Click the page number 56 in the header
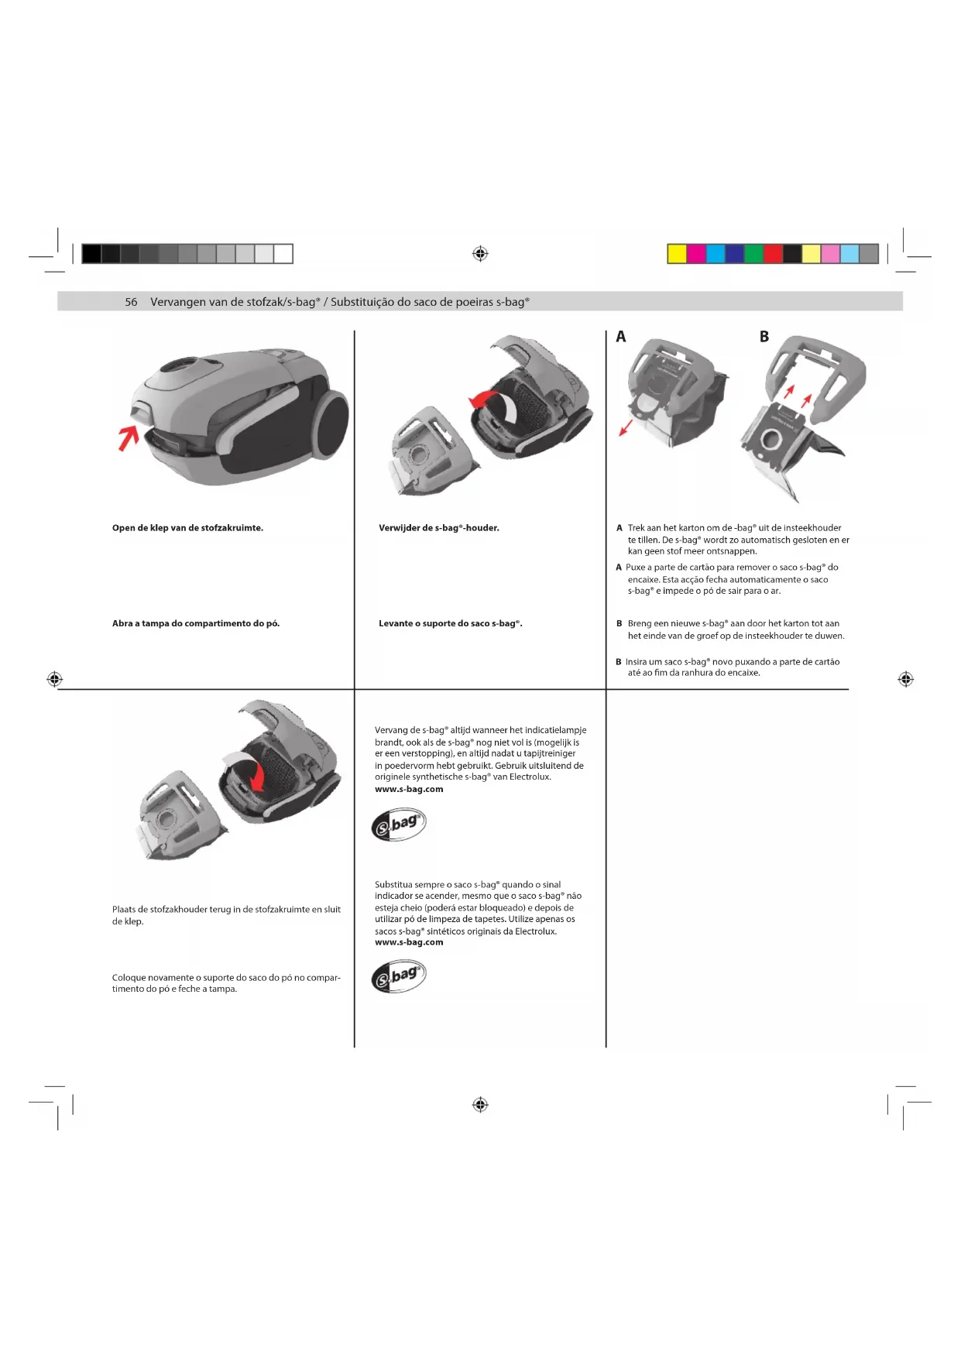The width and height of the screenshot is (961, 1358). click(131, 302)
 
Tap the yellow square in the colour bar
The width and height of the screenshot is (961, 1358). click(677, 254)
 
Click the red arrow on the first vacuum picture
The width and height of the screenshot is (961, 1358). click(128, 437)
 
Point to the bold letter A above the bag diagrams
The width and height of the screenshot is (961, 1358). click(621, 337)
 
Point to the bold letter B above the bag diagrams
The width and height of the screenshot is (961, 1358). click(764, 337)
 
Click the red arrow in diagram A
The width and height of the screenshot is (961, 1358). click(626, 427)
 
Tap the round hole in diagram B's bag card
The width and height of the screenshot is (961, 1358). click(771, 440)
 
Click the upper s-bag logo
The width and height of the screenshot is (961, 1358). click(399, 825)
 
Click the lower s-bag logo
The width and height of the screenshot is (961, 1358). click(399, 977)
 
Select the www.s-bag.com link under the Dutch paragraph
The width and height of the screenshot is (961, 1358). click(409, 790)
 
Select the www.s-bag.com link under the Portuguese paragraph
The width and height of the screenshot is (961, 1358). click(409, 942)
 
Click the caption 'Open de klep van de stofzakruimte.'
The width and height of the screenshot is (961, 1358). click(187, 528)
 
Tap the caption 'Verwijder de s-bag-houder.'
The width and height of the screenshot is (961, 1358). click(438, 528)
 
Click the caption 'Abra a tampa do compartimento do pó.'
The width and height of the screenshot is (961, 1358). click(196, 623)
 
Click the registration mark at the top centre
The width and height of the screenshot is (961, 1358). click(480, 254)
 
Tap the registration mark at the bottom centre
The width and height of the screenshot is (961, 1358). click(480, 1105)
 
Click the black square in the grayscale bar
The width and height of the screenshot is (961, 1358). click(91, 254)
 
